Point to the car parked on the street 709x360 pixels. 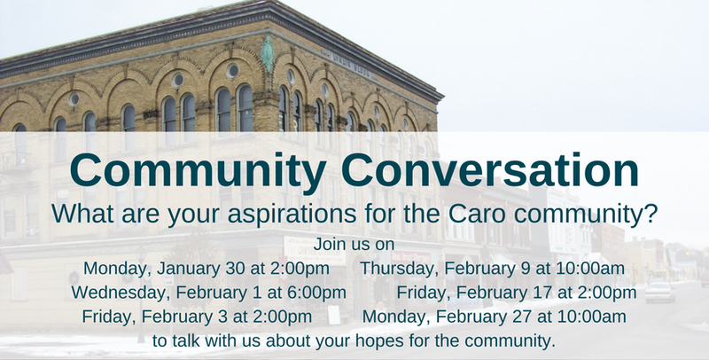click(659, 292)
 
